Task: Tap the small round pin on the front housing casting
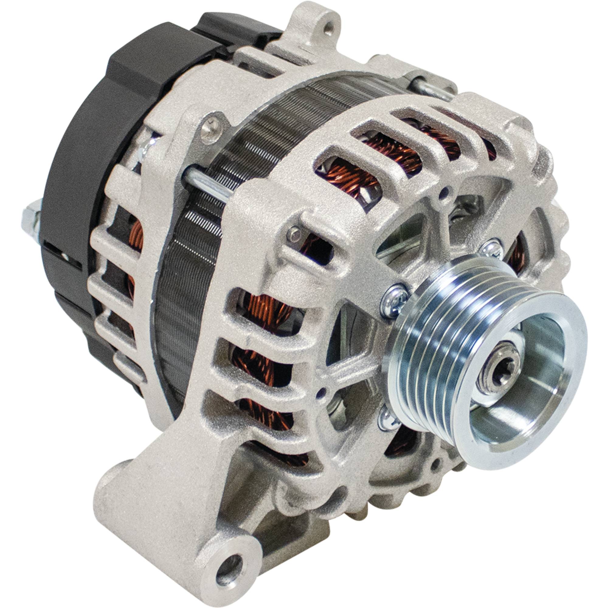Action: (x=295, y=232)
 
